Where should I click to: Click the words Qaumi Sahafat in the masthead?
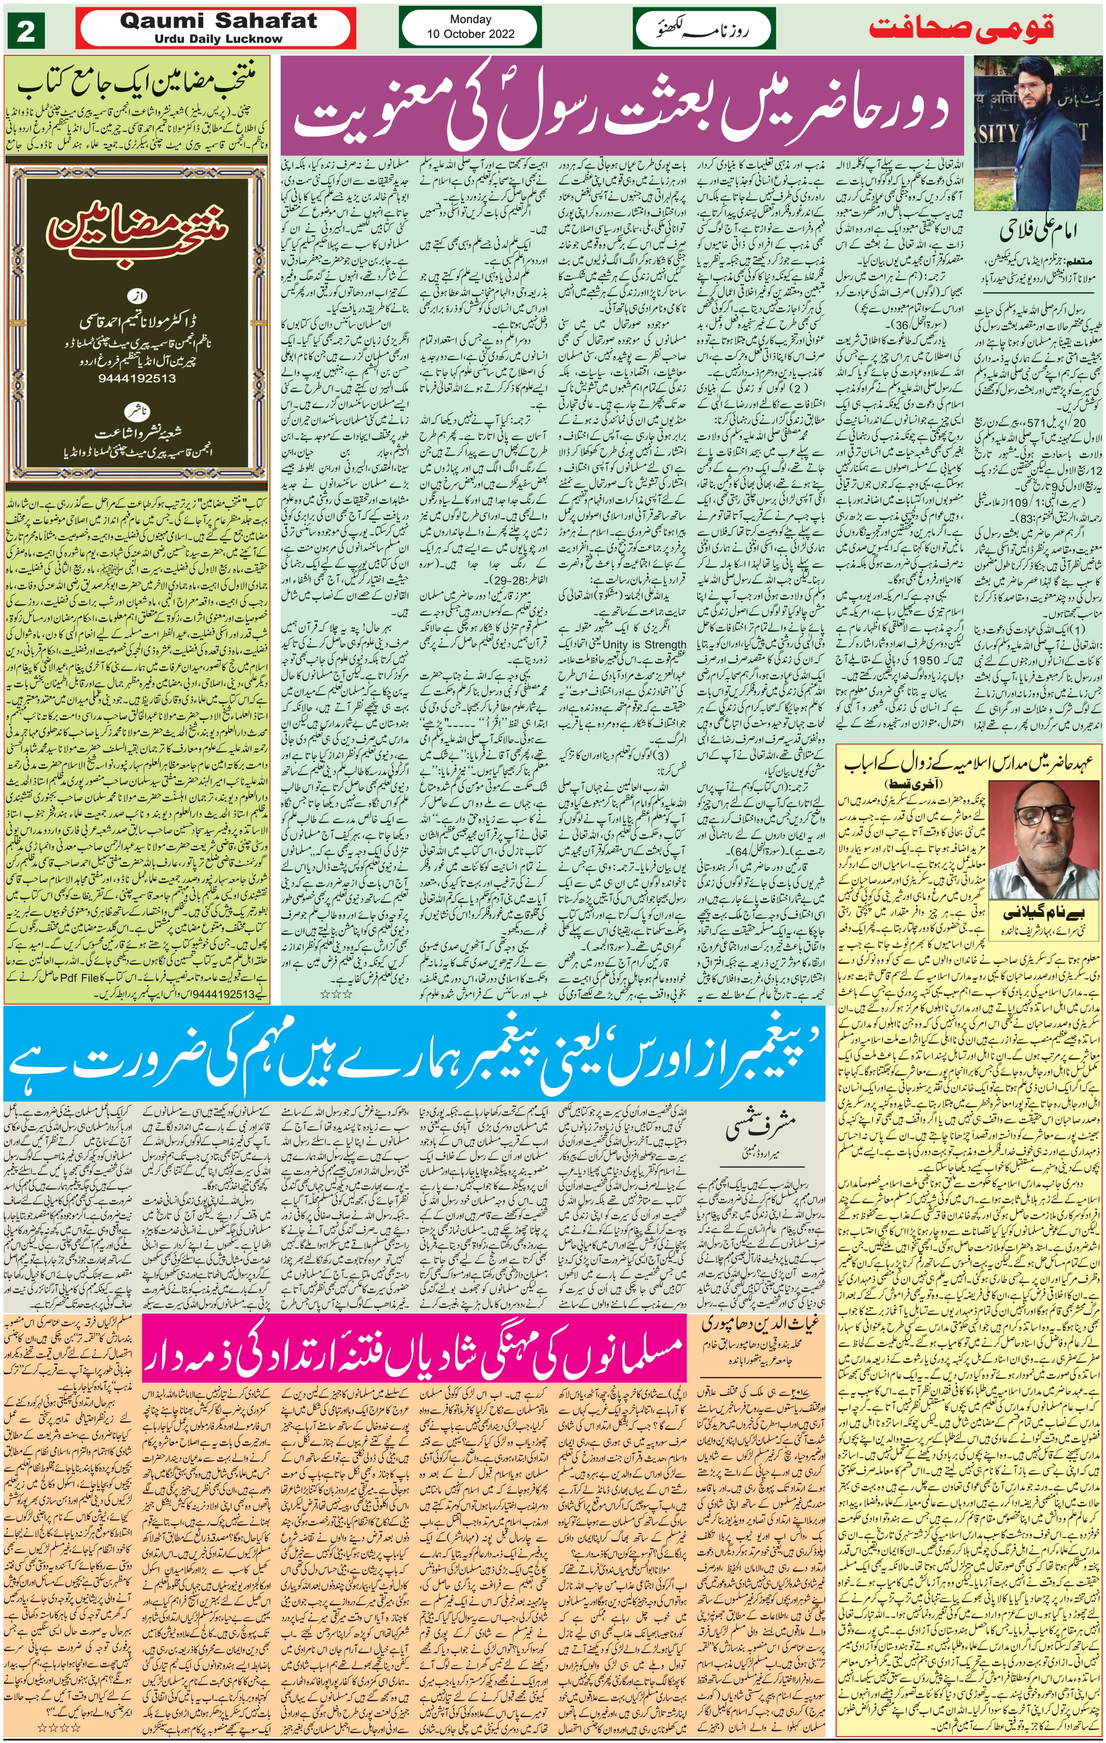[x=218, y=21]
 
